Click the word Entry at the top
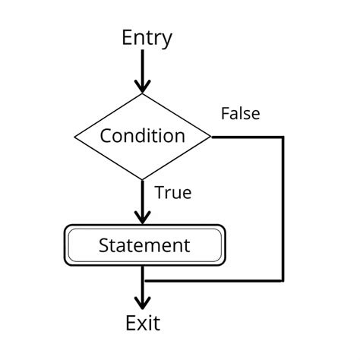(147, 38)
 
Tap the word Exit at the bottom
(143, 324)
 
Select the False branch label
(240, 114)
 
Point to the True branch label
(172, 193)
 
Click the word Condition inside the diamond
(143, 137)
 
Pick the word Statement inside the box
(144, 245)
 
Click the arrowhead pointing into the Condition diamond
(142, 85)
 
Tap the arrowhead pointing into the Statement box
(142, 216)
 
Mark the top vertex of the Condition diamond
(142, 94)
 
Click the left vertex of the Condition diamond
(74, 137)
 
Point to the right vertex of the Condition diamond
(211, 137)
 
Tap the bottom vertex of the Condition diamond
(142, 180)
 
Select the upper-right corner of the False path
(283, 137)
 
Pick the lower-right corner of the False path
(283, 279)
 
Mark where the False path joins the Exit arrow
(142, 279)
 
